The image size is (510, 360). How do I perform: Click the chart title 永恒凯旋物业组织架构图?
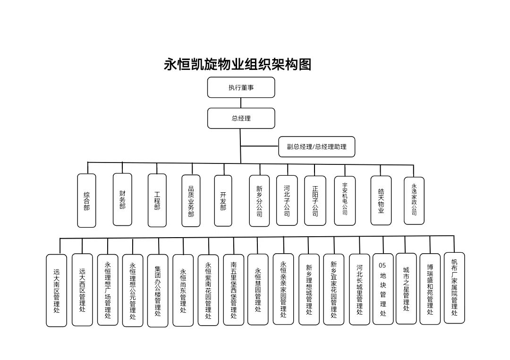[238, 64]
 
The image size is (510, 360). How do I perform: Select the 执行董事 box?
[241, 87]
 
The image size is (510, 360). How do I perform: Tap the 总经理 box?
[241, 118]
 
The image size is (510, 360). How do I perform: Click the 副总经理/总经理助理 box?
[316, 146]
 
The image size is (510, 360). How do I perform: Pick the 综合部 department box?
[86, 200]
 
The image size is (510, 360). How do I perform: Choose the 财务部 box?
[122, 199]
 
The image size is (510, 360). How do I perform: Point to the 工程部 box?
[157, 200]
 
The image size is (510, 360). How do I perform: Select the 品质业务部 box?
[191, 201]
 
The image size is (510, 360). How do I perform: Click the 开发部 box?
[223, 201]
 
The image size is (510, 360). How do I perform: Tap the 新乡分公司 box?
[259, 201]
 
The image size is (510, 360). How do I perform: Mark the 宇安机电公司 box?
[345, 200]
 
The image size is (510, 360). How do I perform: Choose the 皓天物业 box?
[381, 200]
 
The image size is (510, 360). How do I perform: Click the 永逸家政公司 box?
[414, 200]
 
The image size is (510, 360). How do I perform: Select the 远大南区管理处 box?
[56, 291]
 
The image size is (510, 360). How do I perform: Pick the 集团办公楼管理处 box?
[158, 291]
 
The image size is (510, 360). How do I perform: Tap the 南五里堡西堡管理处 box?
[234, 290]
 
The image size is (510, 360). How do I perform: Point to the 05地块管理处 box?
[383, 289]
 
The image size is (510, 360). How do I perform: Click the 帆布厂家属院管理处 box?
[454, 288]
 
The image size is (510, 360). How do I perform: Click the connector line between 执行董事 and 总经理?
[241, 103]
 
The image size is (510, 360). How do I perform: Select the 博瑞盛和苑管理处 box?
[430, 289]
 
